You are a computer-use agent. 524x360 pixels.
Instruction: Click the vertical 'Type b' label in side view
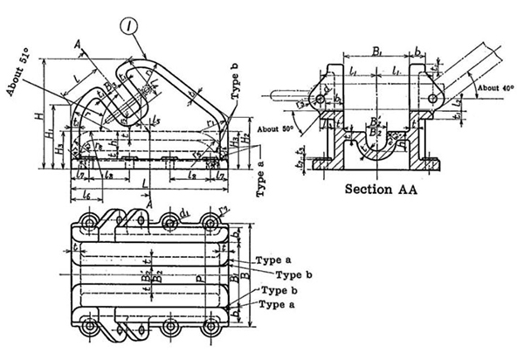pos(234,93)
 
